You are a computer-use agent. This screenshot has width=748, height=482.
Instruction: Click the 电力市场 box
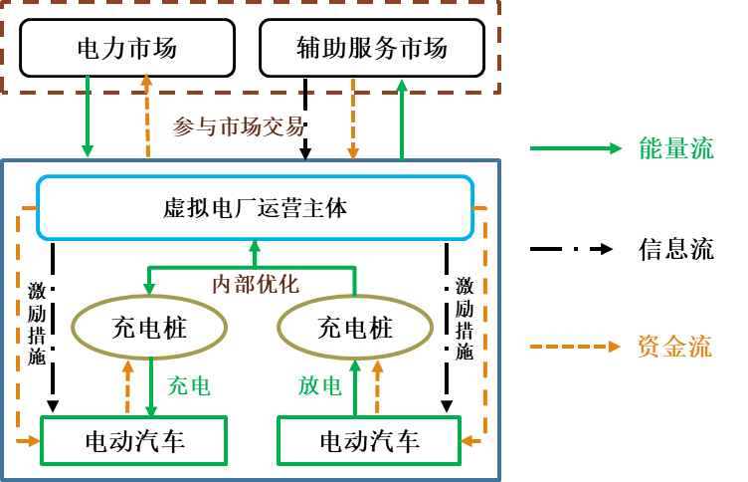[x=127, y=48]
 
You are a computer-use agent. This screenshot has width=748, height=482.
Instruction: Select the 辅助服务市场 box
[x=372, y=48]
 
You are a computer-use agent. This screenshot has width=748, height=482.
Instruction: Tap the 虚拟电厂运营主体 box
[x=255, y=208]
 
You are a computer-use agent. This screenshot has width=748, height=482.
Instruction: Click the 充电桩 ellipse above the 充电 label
[x=149, y=328]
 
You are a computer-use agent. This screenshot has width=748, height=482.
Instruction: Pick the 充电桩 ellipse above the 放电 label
[x=355, y=328]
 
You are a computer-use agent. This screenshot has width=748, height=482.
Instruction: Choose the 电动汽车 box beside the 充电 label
[x=134, y=440]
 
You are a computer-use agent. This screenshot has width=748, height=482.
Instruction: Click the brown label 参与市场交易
[x=239, y=126]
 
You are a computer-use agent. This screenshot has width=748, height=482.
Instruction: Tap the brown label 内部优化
[x=256, y=284]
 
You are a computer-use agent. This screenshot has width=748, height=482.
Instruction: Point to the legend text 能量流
[x=676, y=148]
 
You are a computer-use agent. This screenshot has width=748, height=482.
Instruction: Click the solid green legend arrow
[x=576, y=148]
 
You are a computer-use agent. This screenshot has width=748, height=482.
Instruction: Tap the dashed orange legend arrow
[x=576, y=347]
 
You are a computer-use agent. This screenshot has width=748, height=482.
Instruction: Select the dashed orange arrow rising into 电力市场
[x=147, y=115]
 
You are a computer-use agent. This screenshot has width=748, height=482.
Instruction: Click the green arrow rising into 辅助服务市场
[x=402, y=120]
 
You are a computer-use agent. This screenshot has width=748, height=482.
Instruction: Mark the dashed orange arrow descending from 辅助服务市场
[x=352, y=120]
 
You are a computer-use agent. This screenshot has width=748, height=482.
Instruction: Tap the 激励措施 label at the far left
[x=37, y=324]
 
